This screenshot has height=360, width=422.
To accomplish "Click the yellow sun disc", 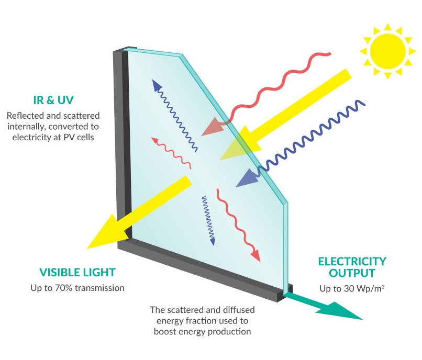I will (x=388, y=51).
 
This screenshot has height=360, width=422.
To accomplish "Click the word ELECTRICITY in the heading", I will (x=352, y=261).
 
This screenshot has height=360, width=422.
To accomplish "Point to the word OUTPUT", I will (x=352, y=273).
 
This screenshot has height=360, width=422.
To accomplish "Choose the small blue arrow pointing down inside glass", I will (x=209, y=220).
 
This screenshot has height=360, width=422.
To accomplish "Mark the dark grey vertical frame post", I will (x=124, y=147).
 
